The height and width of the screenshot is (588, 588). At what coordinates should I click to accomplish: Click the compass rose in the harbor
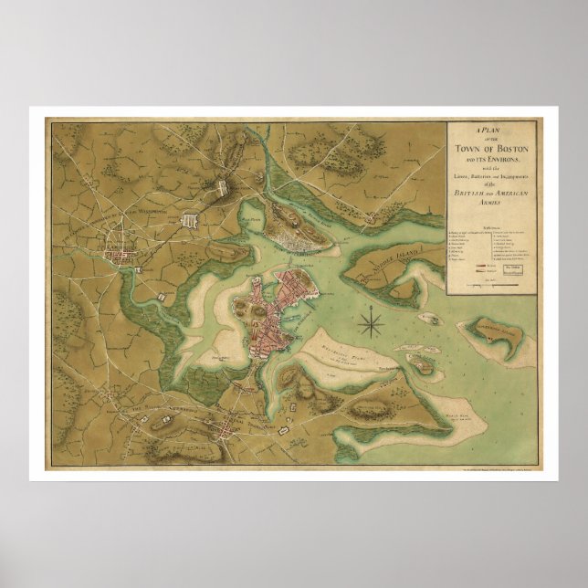[x=371, y=321]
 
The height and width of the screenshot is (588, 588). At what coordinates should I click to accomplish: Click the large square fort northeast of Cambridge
[x=192, y=220]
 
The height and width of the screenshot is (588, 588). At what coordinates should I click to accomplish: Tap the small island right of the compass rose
[x=425, y=317]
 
